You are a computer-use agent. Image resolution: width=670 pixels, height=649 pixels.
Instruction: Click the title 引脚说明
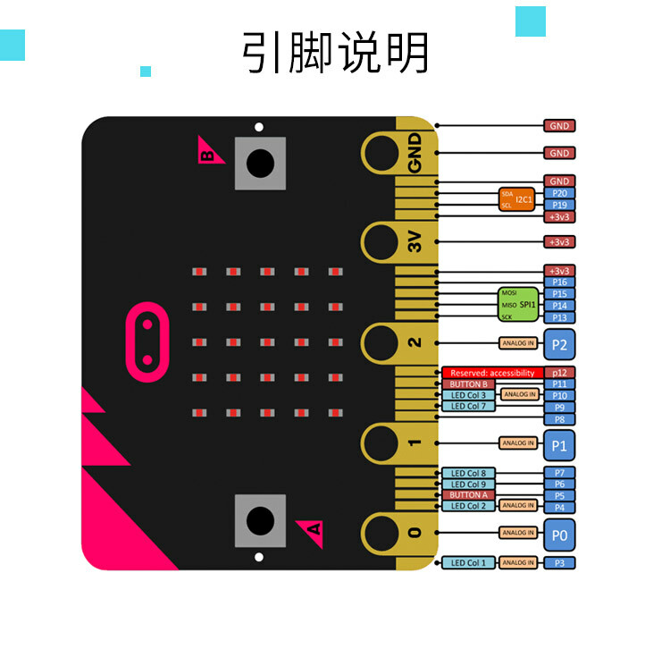click(335, 53)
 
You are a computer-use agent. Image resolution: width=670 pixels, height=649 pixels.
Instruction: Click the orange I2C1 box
click(515, 198)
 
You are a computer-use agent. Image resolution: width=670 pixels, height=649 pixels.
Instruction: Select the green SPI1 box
click(518, 304)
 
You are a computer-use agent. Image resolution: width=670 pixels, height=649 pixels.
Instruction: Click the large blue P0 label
click(559, 534)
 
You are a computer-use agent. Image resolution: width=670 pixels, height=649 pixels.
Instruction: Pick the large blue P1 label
click(559, 442)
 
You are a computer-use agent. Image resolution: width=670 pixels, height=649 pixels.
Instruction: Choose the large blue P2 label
click(559, 342)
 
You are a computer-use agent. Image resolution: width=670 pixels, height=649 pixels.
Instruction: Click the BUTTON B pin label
click(468, 384)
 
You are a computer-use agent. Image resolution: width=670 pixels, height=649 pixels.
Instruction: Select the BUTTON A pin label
click(468, 495)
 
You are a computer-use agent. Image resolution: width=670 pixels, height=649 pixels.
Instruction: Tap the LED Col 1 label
click(468, 562)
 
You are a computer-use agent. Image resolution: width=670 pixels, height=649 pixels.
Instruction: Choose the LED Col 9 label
click(468, 484)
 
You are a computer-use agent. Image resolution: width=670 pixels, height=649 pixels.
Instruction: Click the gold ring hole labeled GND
click(381, 154)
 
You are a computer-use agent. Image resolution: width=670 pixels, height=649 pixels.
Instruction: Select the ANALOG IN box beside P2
click(517, 342)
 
